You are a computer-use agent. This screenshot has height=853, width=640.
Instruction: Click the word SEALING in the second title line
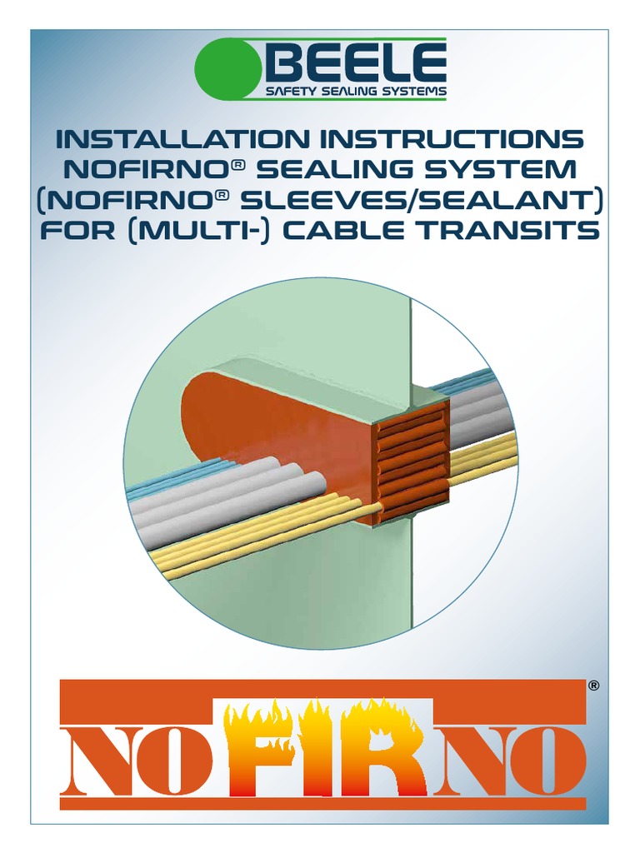tap(339, 169)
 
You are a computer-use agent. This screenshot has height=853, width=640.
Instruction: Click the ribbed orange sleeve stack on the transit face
tap(410, 462)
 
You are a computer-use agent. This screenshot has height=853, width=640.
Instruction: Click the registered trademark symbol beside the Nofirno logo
tap(593, 686)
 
